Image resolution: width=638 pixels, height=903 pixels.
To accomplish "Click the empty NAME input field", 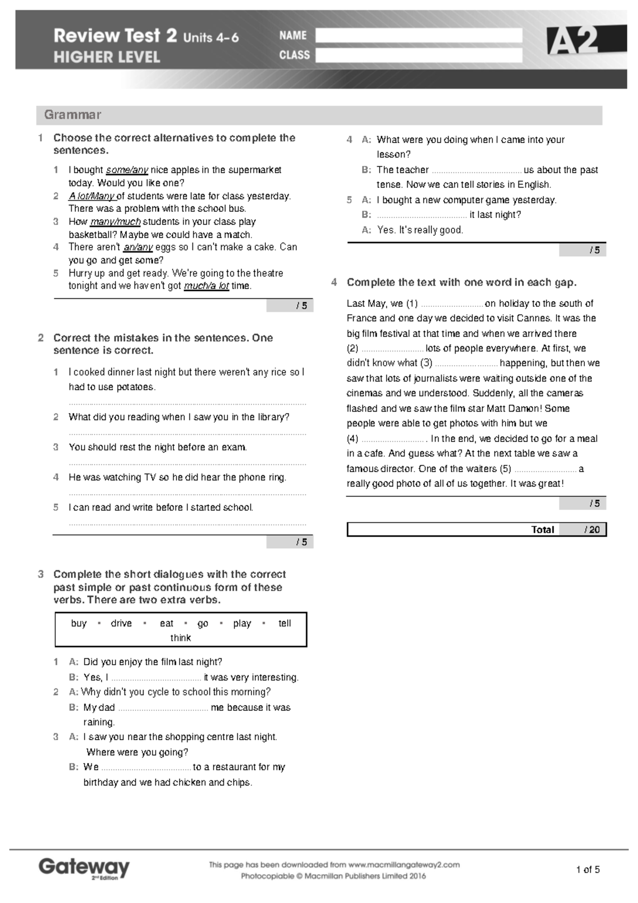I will coord(418,36).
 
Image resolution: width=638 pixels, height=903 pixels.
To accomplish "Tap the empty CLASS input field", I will coord(418,55).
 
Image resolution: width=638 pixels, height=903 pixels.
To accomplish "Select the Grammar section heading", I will coord(72,115).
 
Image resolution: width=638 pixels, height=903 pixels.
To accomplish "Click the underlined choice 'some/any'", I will coord(127,170).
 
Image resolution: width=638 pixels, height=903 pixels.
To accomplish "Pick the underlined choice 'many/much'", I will coord(115,222).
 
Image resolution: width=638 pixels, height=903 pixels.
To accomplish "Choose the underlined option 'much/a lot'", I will coord(206,286).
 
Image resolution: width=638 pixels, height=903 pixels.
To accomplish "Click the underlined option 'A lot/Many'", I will coord(91,196).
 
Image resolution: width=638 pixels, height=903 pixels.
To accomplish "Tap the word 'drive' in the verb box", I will coord(121,623).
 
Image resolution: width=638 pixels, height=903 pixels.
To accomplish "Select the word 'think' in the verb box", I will coord(180,638).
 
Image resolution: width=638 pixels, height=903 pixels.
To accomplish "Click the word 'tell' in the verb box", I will coord(284,623).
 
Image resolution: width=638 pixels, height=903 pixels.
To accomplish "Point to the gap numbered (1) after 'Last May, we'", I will coord(451,305).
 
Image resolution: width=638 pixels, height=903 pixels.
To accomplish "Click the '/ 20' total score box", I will coord(591,530).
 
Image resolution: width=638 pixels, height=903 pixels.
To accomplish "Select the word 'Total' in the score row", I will coord(542,530).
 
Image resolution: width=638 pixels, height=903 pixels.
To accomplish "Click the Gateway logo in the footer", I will coord(84,868).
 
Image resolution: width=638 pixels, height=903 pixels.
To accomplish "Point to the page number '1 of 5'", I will coord(587,870).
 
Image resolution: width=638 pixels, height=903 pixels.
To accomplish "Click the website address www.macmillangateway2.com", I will coord(404,865).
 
